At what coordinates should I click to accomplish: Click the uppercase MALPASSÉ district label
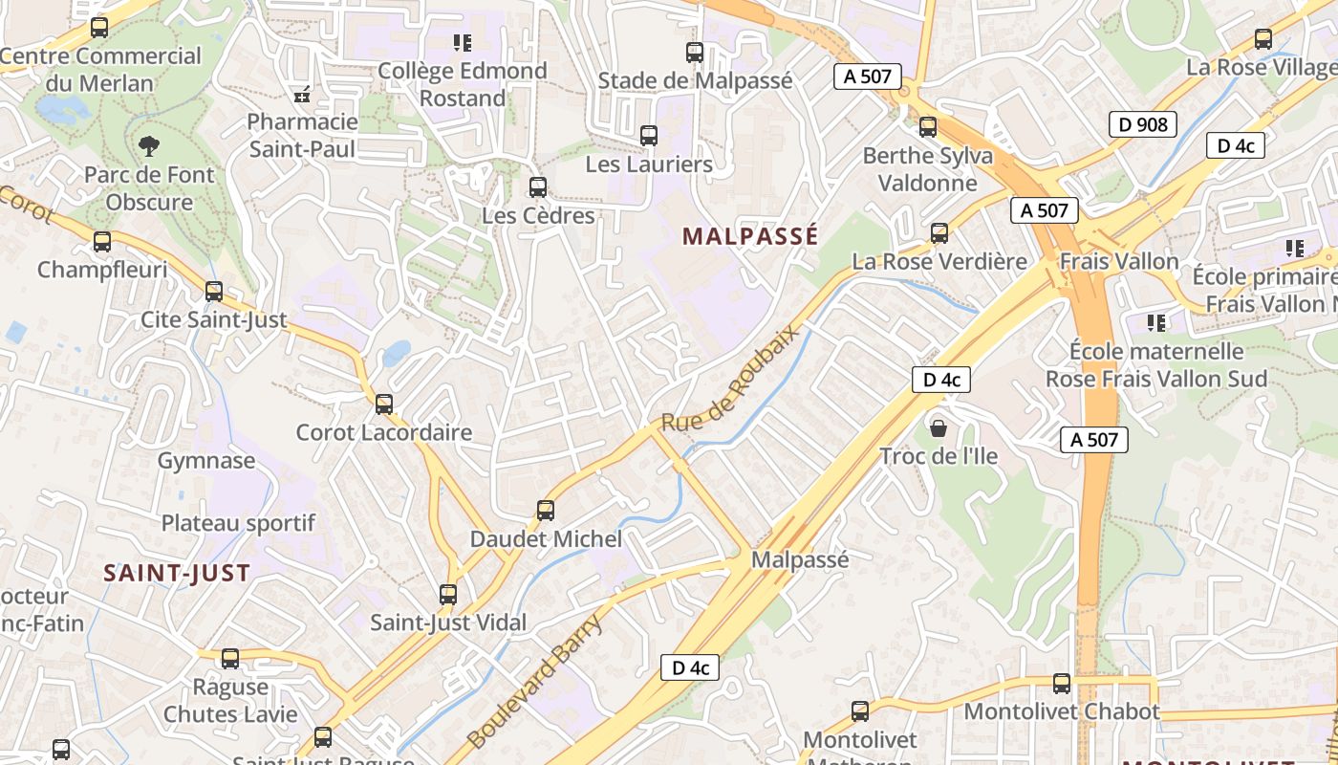pos(750,236)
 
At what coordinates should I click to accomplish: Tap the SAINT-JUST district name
pos(177,573)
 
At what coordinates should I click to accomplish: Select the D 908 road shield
pos(1142,124)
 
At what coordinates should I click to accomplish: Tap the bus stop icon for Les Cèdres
pos(538,187)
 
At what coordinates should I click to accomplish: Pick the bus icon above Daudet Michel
pos(546,511)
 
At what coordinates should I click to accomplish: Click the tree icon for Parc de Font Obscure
pos(149,146)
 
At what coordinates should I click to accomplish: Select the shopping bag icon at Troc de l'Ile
pos(939,427)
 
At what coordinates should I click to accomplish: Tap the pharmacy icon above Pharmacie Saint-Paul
pos(302,94)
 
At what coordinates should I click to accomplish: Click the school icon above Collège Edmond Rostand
pos(463,42)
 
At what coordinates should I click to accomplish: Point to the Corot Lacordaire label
pos(384,432)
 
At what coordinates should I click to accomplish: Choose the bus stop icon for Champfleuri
pos(102,242)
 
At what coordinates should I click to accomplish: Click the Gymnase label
pos(206,461)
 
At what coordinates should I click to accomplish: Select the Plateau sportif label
pos(238,523)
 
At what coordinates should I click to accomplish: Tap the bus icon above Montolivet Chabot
pos(1061,684)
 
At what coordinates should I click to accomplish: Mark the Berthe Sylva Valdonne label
pos(927,169)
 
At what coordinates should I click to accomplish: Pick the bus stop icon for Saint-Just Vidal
pos(448,595)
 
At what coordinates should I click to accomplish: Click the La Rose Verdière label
pos(939,261)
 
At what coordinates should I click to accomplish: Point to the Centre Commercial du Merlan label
pos(100,69)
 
